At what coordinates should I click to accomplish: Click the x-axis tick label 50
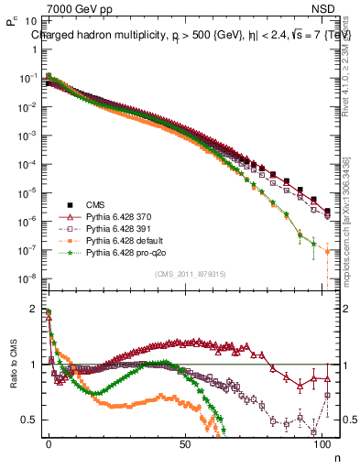coord(186,442)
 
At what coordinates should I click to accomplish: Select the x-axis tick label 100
coord(322,442)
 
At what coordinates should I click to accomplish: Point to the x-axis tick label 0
coord(49,442)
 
